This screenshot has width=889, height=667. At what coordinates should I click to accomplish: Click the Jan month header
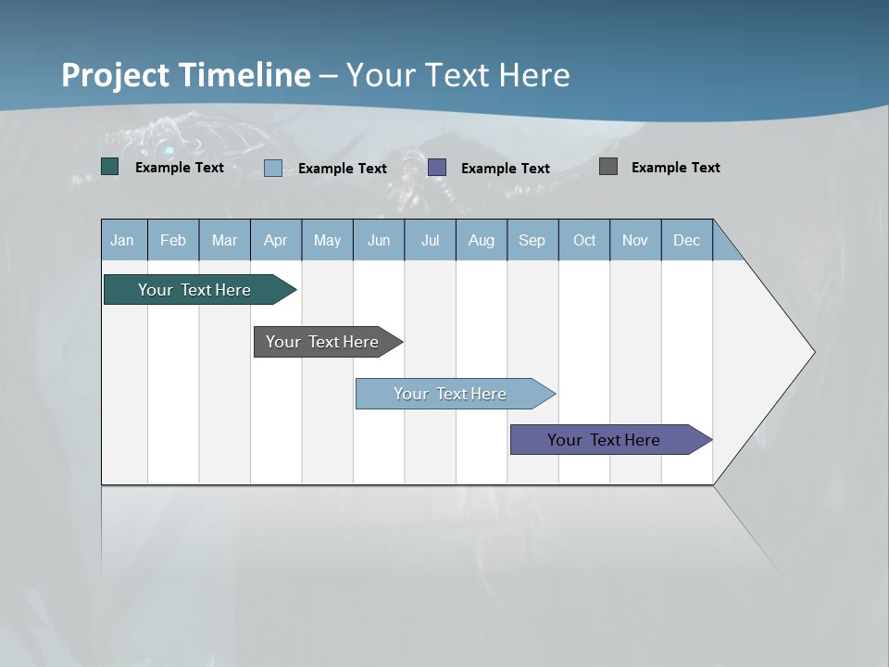123,240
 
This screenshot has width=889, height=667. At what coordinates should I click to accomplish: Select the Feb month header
173,240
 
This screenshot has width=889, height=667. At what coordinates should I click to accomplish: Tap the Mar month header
224,240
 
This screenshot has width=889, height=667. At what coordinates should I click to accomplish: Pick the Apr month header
276,240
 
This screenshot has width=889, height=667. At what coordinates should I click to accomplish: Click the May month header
327,240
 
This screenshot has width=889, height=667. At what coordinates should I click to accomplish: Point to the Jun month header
379,240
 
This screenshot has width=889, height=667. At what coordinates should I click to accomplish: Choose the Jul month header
430,240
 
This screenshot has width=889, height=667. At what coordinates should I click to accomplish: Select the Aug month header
482,240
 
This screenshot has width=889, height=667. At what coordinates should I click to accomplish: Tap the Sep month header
532,240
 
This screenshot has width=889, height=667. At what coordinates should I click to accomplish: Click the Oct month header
584,240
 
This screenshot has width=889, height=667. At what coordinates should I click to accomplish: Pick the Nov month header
635,240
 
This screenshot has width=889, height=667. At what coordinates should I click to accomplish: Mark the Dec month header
687,240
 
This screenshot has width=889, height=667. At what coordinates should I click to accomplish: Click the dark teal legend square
110,167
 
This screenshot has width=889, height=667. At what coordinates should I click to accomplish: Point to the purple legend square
437,168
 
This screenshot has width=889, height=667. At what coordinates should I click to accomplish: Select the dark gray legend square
608,167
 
